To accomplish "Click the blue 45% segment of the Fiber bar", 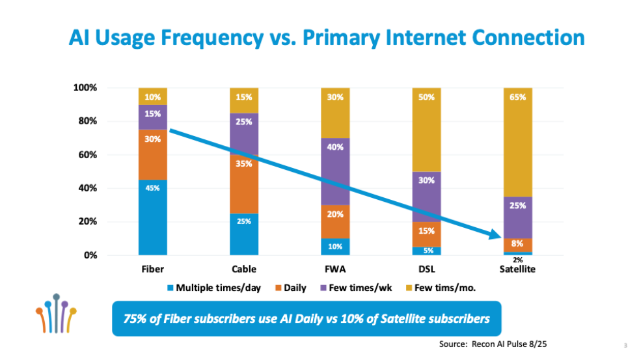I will point(153,217).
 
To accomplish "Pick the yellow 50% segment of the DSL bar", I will point(426,130).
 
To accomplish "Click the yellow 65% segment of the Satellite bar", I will point(518,142).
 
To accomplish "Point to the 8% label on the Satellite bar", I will point(518,243).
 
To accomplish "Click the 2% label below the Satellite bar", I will point(518,260).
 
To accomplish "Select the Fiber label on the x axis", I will point(153,269).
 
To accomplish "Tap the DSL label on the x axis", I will point(426,269).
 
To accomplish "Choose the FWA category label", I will point(335,269).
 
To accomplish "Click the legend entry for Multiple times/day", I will point(213,288).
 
